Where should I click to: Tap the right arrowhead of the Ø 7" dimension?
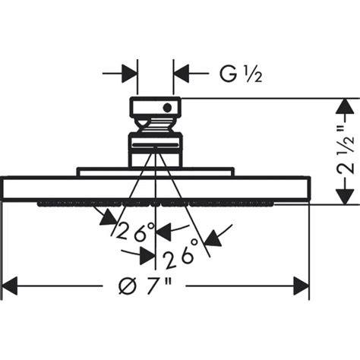[x=302, y=287]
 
